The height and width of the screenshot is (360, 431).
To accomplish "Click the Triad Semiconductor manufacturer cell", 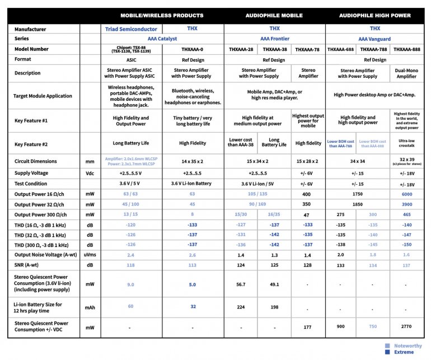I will [x=132, y=28].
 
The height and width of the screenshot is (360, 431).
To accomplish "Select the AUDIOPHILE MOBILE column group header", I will [x=274, y=15].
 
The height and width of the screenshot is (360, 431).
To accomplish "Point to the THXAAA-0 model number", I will [x=193, y=49].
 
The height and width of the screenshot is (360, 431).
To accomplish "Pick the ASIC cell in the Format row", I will [x=132, y=60].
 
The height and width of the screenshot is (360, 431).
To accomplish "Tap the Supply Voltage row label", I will [x=30, y=173].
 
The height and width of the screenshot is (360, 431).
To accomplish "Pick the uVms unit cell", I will [x=90, y=255].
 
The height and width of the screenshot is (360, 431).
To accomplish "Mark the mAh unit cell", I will [x=90, y=307].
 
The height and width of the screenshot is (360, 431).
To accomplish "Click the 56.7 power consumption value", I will [x=241, y=284].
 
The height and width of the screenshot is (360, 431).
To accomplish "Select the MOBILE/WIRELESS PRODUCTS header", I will [x=162, y=15].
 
